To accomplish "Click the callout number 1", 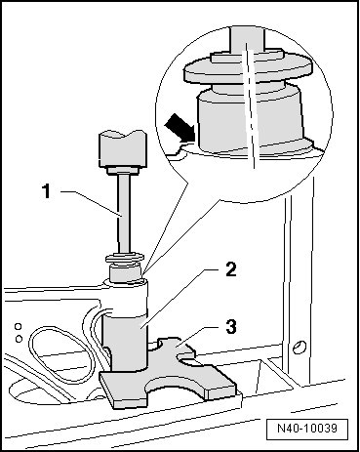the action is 47,191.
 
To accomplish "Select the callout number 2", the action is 230,269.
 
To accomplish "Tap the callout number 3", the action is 231,326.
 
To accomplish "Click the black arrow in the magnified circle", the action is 180,128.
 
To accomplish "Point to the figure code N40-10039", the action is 307,428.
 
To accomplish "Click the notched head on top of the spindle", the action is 123,148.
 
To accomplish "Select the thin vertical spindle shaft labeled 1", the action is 124,214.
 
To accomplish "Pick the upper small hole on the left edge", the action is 19,326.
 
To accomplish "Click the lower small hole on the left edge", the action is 19,339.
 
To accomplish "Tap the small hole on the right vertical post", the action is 298,348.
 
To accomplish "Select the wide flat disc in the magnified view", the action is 249,69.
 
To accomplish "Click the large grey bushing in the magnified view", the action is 252,119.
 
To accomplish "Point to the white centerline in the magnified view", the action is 250,105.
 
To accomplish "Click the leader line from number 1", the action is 92,203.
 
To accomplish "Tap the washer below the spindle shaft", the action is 125,258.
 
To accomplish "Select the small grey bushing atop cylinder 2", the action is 126,272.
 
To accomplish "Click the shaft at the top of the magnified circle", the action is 247,40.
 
